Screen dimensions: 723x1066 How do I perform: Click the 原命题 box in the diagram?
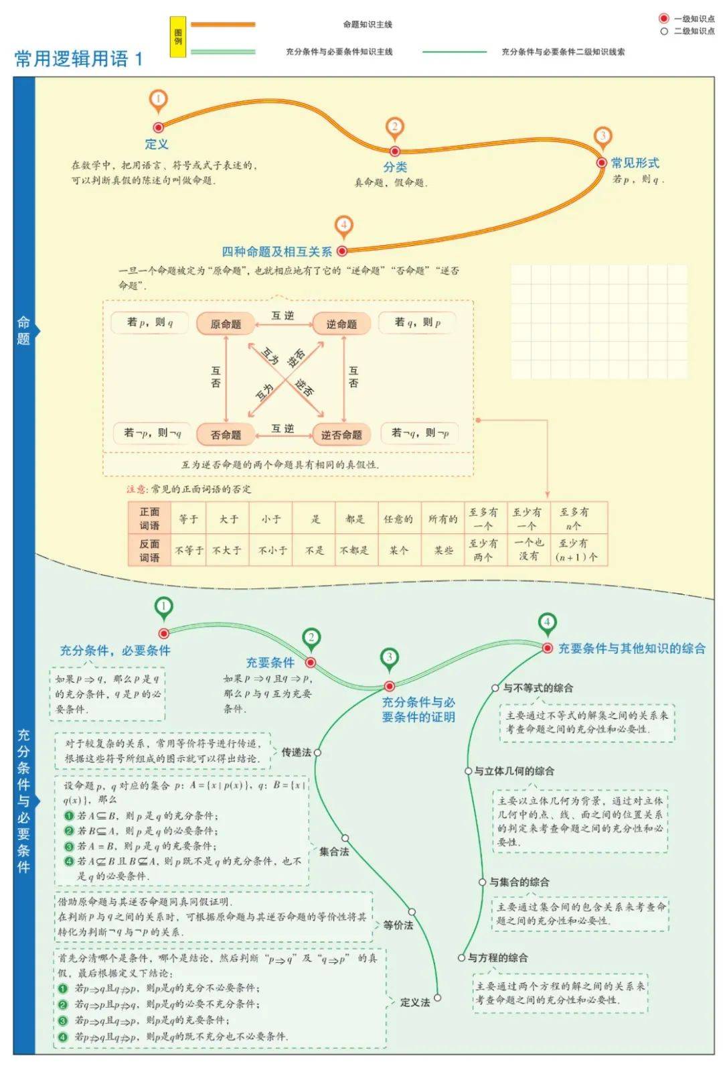point(226,324)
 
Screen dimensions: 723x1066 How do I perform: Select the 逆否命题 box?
point(341,434)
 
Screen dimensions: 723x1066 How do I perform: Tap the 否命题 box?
point(226,434)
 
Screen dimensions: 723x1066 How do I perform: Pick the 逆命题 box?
point(341,324)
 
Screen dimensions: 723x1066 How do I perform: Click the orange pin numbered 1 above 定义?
point(158,101)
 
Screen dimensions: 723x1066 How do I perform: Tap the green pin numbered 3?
point(390,659)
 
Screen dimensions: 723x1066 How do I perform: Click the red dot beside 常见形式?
point(601,162)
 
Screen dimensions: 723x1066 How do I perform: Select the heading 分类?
point(395,167)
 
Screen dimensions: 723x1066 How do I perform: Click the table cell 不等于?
point(189,550)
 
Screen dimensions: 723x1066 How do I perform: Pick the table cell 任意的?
point(398,519)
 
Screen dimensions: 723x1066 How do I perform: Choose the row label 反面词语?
point(149,550)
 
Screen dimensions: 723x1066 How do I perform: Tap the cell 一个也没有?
point(529,549)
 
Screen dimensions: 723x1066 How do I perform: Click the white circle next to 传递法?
point(317,752)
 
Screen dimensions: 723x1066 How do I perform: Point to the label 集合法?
point(334,852)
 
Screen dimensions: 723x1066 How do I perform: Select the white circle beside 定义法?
point(438,998)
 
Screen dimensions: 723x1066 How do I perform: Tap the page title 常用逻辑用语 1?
point(79,58)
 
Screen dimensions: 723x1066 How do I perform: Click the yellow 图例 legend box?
point(178,37)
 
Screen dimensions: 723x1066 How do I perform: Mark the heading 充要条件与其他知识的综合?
point(632,648)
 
